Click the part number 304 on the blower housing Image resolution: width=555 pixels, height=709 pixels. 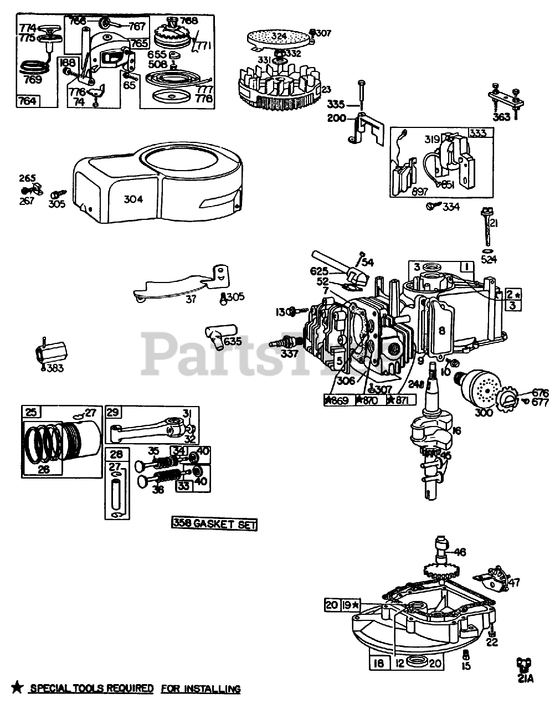coord(133,199)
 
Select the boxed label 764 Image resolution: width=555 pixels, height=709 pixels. coord(28,101)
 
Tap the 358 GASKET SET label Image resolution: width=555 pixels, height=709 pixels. coord(214,524)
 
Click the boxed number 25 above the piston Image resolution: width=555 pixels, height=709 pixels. coord(31,412)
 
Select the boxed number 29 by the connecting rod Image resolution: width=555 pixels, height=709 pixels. coord(113,413)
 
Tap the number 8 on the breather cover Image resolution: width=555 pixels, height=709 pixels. coord(441,331)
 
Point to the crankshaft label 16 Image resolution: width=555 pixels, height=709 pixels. coord(456,430)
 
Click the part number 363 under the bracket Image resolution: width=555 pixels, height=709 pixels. coord(501,117)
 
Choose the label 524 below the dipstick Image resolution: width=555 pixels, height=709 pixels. coord(488,258)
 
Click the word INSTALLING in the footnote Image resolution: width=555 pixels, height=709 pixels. coord(214,689)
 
